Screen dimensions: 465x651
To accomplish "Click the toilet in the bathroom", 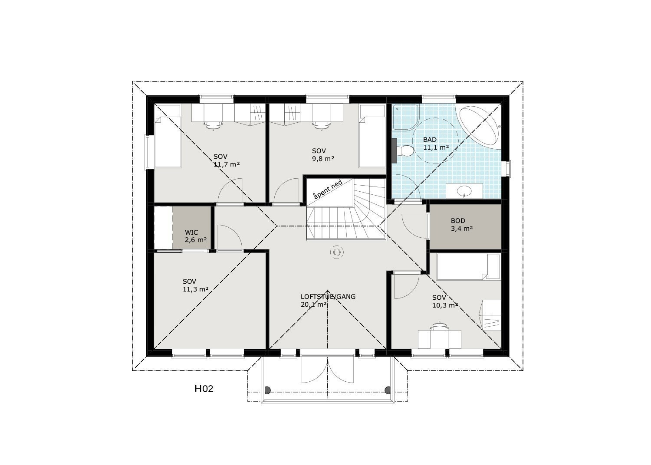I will tap(406, 151).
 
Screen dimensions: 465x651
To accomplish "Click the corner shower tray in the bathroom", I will tap(404, 117).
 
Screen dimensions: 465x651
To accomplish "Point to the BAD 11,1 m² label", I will tap(436, 144).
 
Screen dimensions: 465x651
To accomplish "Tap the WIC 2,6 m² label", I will tap(195, 236).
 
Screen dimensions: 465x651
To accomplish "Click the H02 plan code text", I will tap(204, 389).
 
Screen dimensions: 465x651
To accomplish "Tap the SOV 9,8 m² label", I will tap(323, 154).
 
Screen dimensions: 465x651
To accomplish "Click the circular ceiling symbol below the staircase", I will tap(336, 252).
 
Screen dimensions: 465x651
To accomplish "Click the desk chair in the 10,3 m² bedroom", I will tap(439, 326).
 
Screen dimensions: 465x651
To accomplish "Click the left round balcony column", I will tap(268, 390).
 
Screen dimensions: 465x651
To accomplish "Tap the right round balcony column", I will tap(389, 390).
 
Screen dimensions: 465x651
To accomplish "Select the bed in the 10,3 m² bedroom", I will tap(468, 266).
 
